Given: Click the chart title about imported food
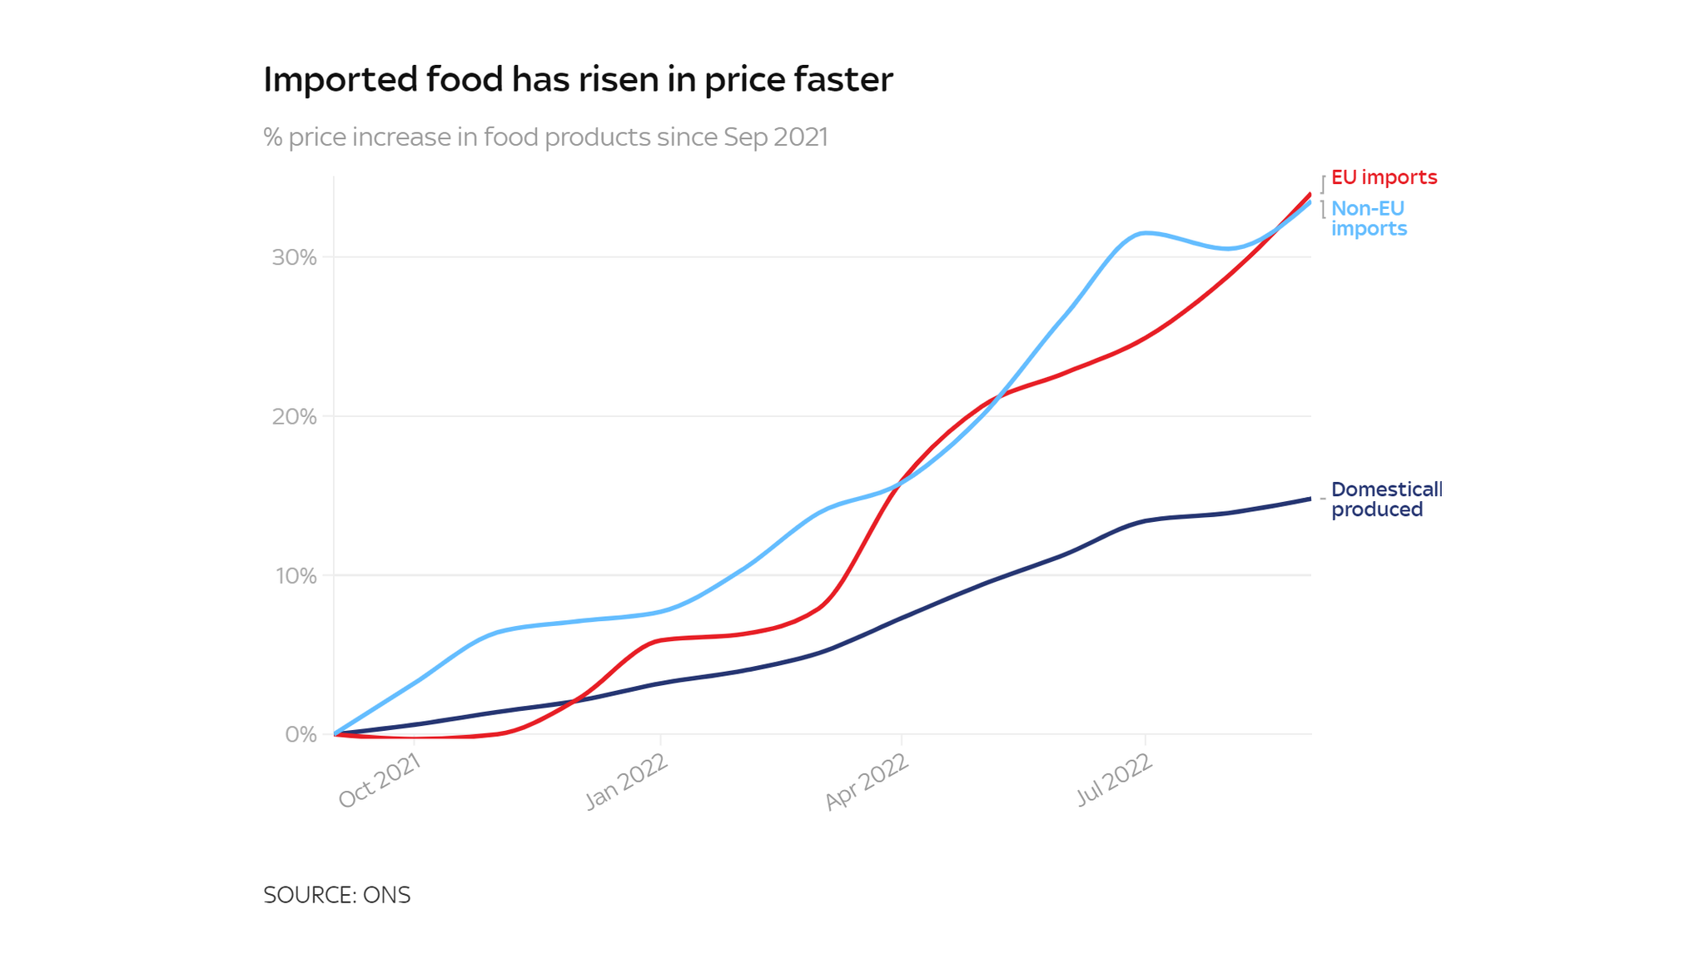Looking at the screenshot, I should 578,80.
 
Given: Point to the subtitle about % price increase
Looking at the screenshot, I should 545,137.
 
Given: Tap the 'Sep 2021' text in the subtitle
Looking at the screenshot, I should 775,137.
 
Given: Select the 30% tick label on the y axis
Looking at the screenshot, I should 295,257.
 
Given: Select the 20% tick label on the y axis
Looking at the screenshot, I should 295,416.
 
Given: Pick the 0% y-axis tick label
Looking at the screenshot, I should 301,735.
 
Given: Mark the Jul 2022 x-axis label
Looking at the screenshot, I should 1114,779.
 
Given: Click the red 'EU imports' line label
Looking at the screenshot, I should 1384,177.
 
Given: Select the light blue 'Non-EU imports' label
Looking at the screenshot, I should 1369,218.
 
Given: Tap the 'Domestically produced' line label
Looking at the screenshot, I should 1385,499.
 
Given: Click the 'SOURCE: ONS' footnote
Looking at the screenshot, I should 337,895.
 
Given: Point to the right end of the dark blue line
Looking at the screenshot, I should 1310,499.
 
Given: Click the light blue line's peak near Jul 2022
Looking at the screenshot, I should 1146,233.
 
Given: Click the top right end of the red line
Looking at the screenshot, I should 1310,195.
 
